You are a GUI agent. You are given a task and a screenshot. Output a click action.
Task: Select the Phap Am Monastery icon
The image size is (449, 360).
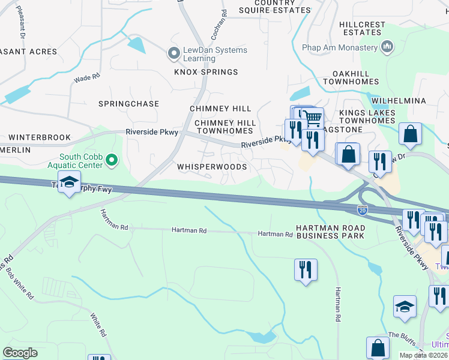click(387, 46)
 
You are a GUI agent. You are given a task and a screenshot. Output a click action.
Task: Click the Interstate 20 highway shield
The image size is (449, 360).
click(362, 209)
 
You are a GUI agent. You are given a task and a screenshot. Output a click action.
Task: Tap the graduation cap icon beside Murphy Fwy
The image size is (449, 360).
click(69, 182)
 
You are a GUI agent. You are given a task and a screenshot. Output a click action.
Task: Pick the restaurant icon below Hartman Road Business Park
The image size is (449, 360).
click(306, 269)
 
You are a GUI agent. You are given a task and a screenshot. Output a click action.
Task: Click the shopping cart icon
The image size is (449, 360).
click(312, 117)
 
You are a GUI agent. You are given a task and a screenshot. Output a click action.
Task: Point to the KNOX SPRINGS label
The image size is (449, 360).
click(206, 72)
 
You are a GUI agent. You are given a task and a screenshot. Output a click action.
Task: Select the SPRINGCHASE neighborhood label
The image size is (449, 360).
click(128, 104)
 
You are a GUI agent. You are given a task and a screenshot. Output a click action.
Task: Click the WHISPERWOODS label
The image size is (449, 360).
click(211, 166)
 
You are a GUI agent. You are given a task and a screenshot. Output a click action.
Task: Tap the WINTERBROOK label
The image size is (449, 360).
click(40, 137)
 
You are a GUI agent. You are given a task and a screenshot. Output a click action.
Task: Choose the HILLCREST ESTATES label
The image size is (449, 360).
click(362, 28)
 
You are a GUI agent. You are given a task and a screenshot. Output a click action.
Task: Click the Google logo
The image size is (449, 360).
click(20, 353)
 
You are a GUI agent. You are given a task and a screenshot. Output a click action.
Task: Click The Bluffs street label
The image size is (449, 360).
click(402, 337)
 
